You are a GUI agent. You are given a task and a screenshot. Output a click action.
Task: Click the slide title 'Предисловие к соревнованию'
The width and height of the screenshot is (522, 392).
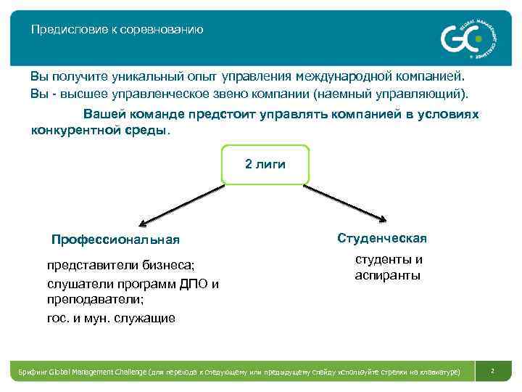pos(117,30)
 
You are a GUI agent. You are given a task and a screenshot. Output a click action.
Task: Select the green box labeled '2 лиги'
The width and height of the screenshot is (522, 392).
pos(265,164)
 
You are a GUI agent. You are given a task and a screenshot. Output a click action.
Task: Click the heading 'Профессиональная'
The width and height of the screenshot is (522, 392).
pos(115,240)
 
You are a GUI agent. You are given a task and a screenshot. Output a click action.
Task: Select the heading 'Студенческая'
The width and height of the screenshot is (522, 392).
pos(382,238)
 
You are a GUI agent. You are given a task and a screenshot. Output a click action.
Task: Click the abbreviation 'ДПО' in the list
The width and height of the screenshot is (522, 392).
pos(194,283)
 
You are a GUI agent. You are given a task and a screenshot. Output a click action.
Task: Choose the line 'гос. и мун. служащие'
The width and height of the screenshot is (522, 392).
pos(111,318)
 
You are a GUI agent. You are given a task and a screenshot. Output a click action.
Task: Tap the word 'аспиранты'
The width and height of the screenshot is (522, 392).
pos(387,276)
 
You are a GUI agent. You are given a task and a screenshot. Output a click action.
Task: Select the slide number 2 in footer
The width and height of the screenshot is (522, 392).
pos(492,371)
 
